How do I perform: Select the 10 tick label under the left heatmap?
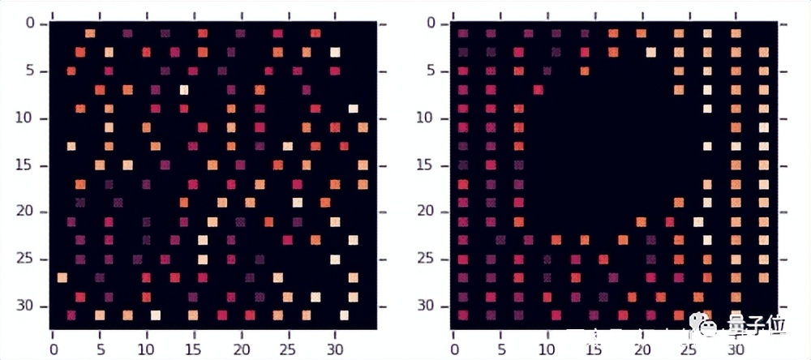(147, 349)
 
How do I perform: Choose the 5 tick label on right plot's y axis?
(431, 71)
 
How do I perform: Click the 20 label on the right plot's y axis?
(427, 212)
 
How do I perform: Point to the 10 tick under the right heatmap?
(546, 349)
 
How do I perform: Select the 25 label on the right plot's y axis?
(427, 259)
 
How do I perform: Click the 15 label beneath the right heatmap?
(594, 349)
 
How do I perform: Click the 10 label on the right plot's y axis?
(427, 118)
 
